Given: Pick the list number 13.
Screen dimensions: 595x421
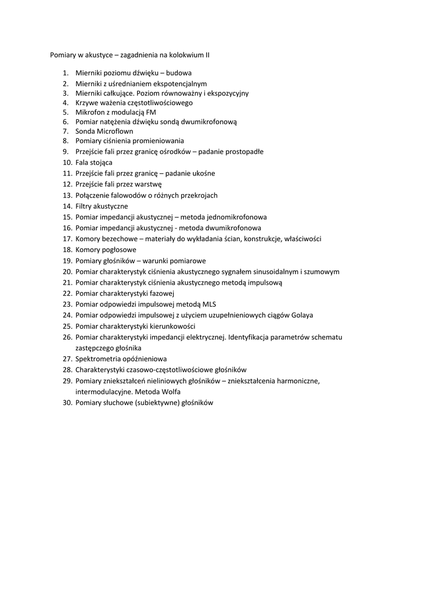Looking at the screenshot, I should pos(66,195).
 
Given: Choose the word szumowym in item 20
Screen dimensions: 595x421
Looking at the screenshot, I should pos(323,271).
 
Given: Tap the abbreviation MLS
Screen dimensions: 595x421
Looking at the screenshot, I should pos(209,304).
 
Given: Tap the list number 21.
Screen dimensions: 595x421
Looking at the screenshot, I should pos(66,282).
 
